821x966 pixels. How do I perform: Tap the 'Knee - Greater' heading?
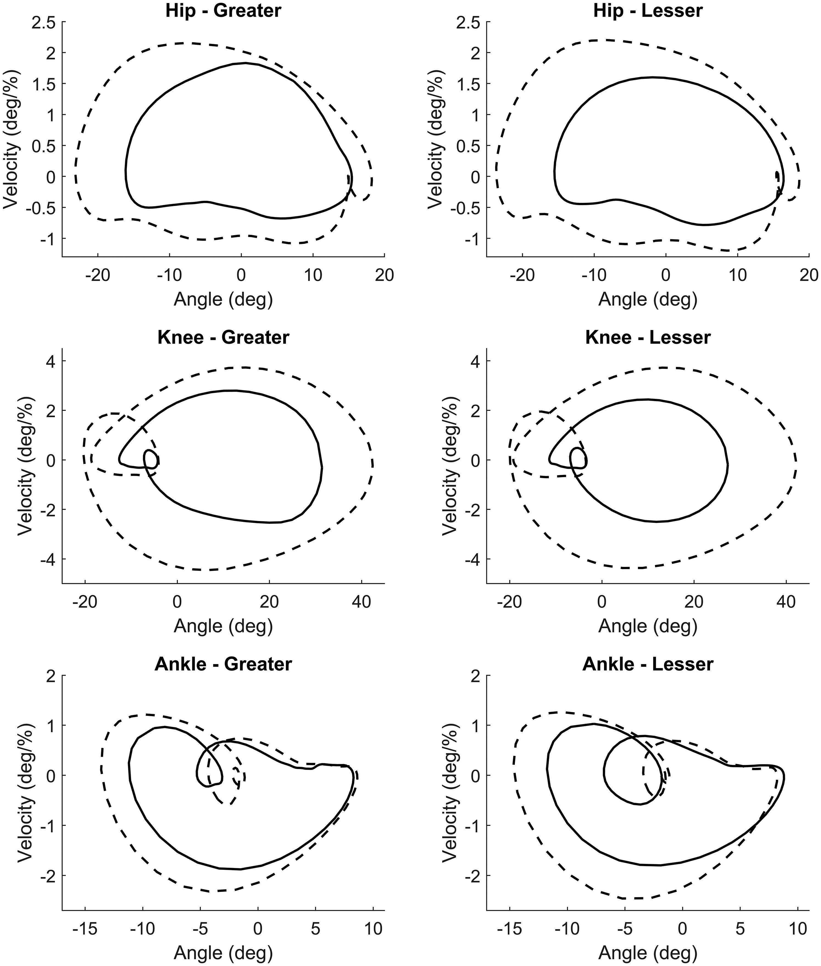(223, 337)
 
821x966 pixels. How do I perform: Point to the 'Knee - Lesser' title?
(648, 337)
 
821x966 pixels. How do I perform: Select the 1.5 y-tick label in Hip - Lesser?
(467, 84)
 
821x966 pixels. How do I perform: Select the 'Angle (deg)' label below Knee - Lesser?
(648, 626)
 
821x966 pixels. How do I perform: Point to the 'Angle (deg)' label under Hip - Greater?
(223, 300)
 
